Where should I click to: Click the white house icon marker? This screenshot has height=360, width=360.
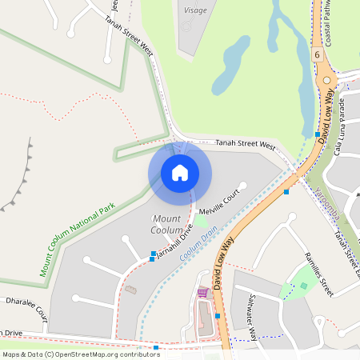click(179, 172)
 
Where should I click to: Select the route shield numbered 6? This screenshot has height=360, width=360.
click(317, 55)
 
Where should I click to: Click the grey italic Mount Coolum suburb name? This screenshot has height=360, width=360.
click(166, 224)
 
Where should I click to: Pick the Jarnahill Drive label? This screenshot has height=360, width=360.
click(174, 242)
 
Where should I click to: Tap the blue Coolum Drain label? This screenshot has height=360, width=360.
click(198, 242)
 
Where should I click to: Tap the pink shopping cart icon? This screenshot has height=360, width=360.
click(202, 293)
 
